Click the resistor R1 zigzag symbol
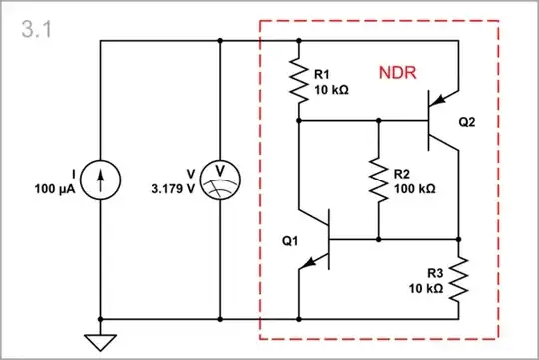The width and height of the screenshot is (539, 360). pyautogui.click(x=298, y=81)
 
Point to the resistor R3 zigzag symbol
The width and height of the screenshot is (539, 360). pyautogui.click(x=459, y=280)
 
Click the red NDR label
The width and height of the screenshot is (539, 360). pyautogui.click(x=396, y=74)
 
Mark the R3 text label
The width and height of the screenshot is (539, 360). pyautogui.click(x=435, y=273)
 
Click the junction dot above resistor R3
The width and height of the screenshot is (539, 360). pyautogui.click(x=459, y=240)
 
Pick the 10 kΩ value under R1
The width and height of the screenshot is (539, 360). pyautogui.click(x=331, y=88)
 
